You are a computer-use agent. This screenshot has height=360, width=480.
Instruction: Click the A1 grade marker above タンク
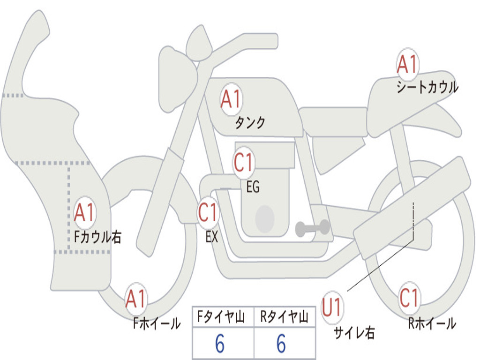pyautogui.click(x=232, y=99)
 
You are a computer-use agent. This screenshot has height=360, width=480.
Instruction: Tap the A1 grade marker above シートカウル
pyautogui.click(x=407, y=64)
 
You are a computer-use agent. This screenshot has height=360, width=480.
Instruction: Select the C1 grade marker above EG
pyautogui.click(x=244, y=162)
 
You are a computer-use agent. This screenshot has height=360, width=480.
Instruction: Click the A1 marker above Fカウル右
pyautogui.click(x=85, y=212)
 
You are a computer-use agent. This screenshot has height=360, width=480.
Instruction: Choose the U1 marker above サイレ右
pyautogui.click(x=332, y=307)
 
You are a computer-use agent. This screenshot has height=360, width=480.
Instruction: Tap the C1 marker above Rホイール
pyautogui.click(x=409, y=298)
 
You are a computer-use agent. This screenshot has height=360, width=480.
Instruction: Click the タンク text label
pyautogui.click(x=250, y=123)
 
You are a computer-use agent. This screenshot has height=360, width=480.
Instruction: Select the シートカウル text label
pyautogui.click(x=427, y=87)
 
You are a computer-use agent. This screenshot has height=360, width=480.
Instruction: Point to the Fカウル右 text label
pyautogui.click(x=98, y=237)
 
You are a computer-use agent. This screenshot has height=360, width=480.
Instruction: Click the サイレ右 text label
pyautogui.click(x=354, y=332)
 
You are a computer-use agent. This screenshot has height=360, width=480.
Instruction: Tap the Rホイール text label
pyautogui.click(x=432, y=323)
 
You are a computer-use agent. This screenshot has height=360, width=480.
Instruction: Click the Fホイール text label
pyautogui.click(x=157, y=323)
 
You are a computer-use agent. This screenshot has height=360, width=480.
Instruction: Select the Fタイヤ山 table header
pyautogui.click(x=221, y=317)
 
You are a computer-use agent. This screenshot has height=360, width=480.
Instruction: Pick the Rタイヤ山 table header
pyautogui.click(x=284, y=317)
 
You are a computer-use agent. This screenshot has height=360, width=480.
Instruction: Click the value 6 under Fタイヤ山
pyautogui.click(x=220, y=344)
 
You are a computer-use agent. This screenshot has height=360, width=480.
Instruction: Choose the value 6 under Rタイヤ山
pyautogui.click(x=281, y=344)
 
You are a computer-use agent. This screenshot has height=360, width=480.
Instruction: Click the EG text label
pyautogui.click(x=253, y=187)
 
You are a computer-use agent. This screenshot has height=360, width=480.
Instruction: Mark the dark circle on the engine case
pyautogui.click(x=265, y=219)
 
